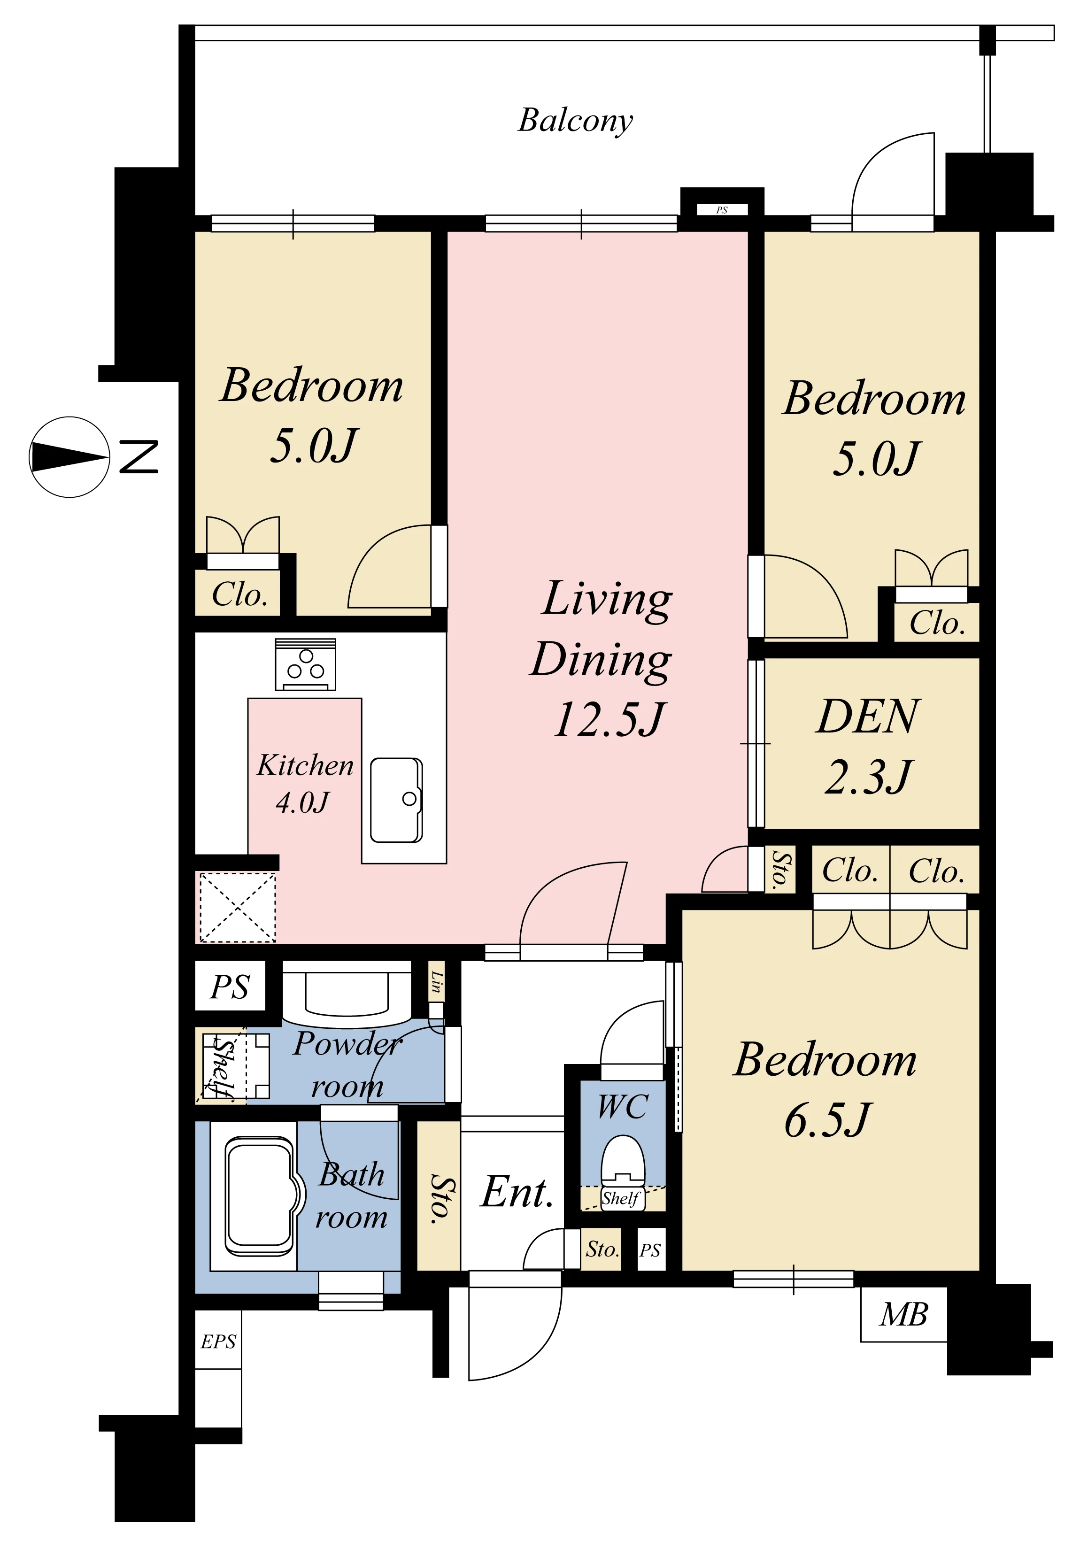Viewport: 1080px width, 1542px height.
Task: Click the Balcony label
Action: pos(576,121)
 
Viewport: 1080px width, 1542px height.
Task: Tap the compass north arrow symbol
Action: pos(69,457)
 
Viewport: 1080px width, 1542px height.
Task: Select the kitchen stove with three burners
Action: pos(306,664)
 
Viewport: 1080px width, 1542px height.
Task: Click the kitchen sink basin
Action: pos(396,800)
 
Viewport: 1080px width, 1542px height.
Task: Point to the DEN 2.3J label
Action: pos(868,746)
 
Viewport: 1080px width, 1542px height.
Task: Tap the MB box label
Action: pos(904,1314)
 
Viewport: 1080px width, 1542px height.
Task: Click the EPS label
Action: pos(218,1341)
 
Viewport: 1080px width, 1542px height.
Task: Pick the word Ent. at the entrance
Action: pos(517,1192)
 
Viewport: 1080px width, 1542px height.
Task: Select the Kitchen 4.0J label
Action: pos(305,783)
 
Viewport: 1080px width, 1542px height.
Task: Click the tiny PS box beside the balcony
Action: pos(722,209)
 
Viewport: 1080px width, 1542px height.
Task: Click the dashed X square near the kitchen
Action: pos(238,907)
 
